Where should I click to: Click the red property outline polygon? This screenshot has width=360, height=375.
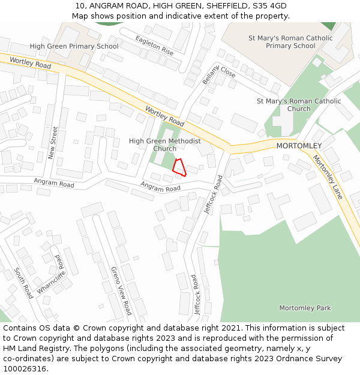click(179, 167)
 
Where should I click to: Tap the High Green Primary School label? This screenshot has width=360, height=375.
click(74, 46)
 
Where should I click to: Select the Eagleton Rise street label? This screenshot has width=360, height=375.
click(154, 45)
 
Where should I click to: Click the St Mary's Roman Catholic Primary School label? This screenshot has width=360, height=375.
click(290, 42)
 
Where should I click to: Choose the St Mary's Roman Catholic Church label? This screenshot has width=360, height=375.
click(299, 105)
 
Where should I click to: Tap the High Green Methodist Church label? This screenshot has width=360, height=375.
click(165, 145)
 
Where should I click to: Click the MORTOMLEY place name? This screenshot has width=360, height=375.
click(299, 146)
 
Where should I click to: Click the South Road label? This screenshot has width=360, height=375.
click(24, 283)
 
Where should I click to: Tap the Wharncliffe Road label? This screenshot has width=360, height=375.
click(51, 274)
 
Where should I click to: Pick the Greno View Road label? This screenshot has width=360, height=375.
click(121, 290)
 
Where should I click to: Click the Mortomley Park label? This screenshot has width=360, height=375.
click(305, 308)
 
